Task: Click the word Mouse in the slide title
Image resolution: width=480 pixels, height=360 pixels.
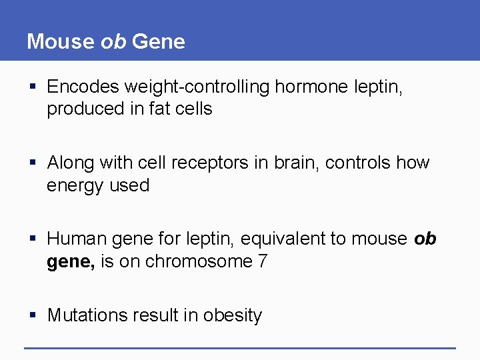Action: (61, 42)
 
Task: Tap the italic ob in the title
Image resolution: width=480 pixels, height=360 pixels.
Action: (113, 42)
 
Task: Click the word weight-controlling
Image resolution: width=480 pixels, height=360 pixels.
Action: (198, 87)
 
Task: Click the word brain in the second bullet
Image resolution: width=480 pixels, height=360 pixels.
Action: (295, 163)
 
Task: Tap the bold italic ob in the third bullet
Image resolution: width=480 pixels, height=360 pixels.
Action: (425, 239)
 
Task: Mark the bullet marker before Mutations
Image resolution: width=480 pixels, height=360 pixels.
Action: (33, 315)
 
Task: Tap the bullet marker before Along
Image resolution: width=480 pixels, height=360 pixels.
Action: (33, 163)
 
